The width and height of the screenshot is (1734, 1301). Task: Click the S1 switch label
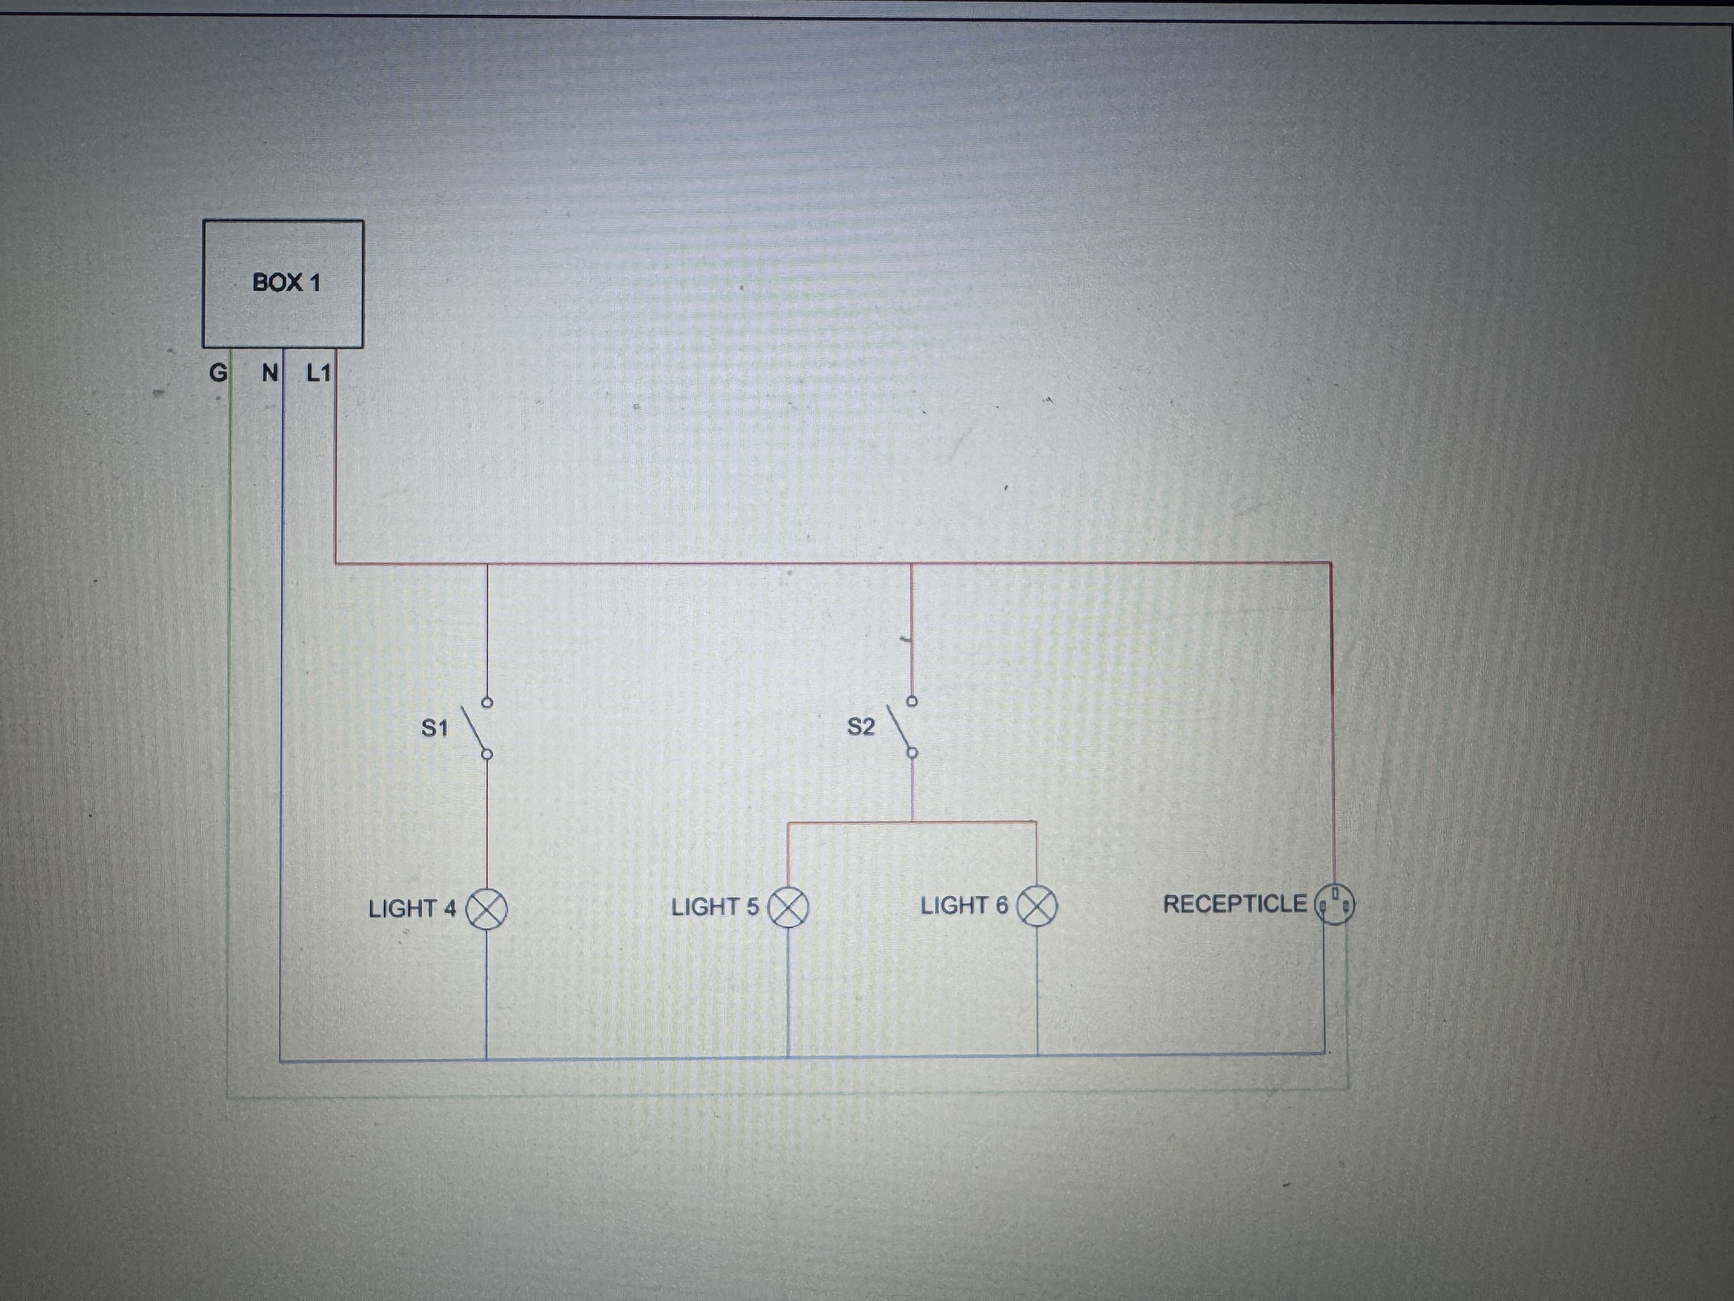(x=434, y=728)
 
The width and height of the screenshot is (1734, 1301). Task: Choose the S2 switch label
(x=860, y=727)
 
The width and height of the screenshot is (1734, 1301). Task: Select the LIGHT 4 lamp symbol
(x=487, y=909)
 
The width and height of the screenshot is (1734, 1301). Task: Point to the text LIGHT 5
(x=715, y=907)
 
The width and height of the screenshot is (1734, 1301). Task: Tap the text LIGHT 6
(x=964, y=906)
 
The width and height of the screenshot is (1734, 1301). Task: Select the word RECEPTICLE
(x=1235, y=904)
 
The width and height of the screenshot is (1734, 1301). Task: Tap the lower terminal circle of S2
(x=912, y=753)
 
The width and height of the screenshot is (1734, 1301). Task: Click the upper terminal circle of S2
(x=912, y=700)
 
